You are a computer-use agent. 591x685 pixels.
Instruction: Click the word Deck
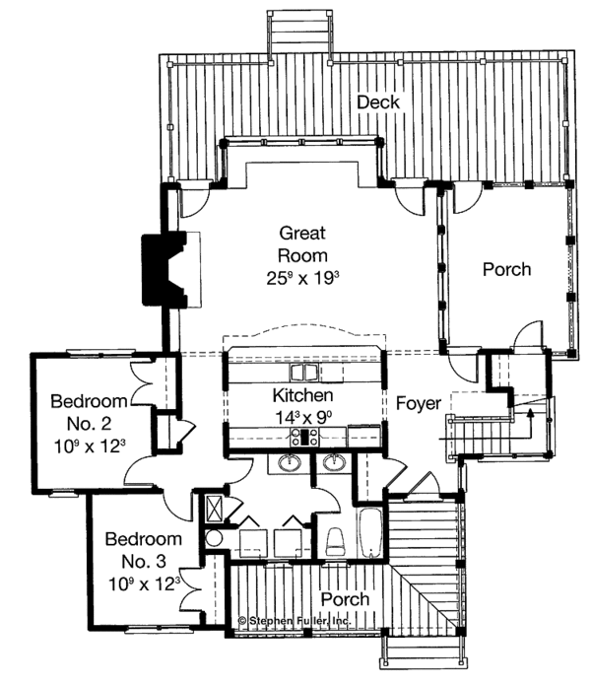376,102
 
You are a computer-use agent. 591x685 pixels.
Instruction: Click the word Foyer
419,403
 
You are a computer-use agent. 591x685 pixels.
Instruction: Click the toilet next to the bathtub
334,540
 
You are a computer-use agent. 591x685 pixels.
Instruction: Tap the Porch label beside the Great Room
507,268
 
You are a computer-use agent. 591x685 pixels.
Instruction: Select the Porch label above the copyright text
346,599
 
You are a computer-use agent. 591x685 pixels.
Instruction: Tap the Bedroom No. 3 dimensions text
144,582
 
